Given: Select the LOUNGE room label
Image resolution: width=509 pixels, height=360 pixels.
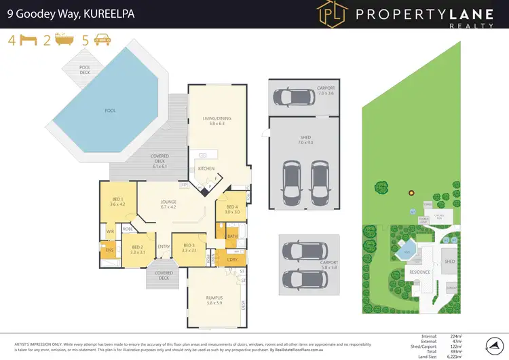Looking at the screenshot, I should (x=168, y=204).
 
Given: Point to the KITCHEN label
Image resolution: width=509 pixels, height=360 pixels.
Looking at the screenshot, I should (x=206, y=168).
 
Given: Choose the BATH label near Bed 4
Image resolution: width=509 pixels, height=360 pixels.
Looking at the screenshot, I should (x=232, y=237).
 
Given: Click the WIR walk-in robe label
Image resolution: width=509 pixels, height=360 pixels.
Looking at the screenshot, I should (x=110, y=232).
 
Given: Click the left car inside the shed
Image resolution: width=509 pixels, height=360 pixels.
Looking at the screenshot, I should (x=292, y=181).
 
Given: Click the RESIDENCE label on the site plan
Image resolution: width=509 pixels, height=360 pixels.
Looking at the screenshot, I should (x=419, y=272).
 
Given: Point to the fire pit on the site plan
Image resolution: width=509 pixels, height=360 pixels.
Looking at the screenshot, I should (x=411, y=193).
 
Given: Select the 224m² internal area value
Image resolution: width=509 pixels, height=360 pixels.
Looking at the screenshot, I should (x=466, y=336).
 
